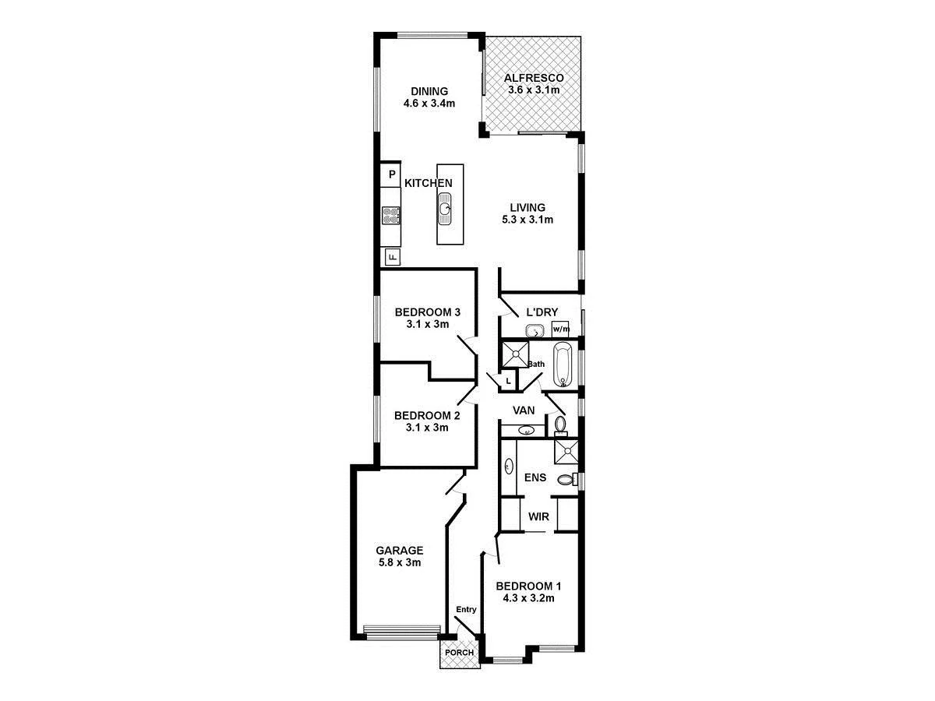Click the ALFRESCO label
[x=534, y=78]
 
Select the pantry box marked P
[x=392, y=174]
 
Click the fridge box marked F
[x=392, y=256]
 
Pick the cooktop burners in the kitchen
[x=391, y=216]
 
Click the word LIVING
[x=527, y=207]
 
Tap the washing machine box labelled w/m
[x=560, y=329]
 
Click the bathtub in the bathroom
[x=563, y=364]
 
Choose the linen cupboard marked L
[x=508, y=381]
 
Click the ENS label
[x=535, y=477]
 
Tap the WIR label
[x=539, y=516]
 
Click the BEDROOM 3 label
[x=427, y=312]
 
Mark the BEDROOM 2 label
[x=427, y=415]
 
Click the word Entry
[x=466, y=610]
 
